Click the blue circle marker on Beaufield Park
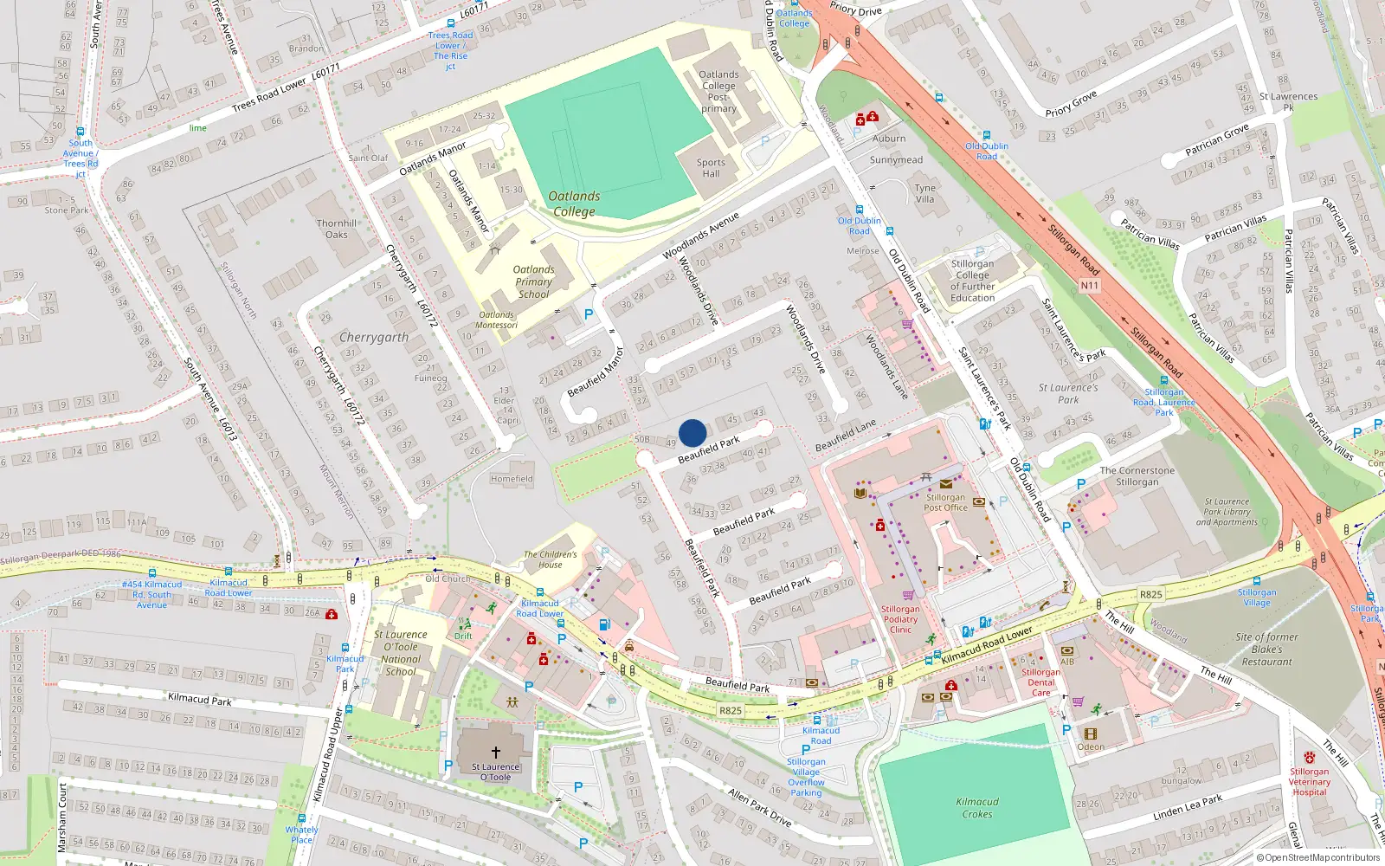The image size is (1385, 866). point(692,432)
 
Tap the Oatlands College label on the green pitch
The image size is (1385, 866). point(574,204)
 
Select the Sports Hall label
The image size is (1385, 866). point(711,168)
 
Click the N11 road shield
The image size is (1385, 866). point(1089,285)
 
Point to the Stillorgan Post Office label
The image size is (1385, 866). point(945,502)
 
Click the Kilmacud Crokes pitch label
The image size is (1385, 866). point(977,807)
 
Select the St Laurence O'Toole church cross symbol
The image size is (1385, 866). point(496,752)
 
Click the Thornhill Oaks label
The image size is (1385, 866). point(337,229)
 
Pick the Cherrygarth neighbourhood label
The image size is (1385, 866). point(374,337)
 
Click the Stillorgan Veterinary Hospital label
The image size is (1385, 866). point(1309,781)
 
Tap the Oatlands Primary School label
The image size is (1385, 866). point(533,281)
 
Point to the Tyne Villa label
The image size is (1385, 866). point(925,193)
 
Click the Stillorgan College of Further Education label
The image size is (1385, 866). point(972,281)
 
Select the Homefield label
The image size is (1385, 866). point(512,478)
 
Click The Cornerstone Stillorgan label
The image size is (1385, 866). point(1137,475)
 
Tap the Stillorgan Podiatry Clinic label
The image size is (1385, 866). point(900,618)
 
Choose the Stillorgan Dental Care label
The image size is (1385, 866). point(1040,682)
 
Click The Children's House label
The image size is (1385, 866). point(550,559)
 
